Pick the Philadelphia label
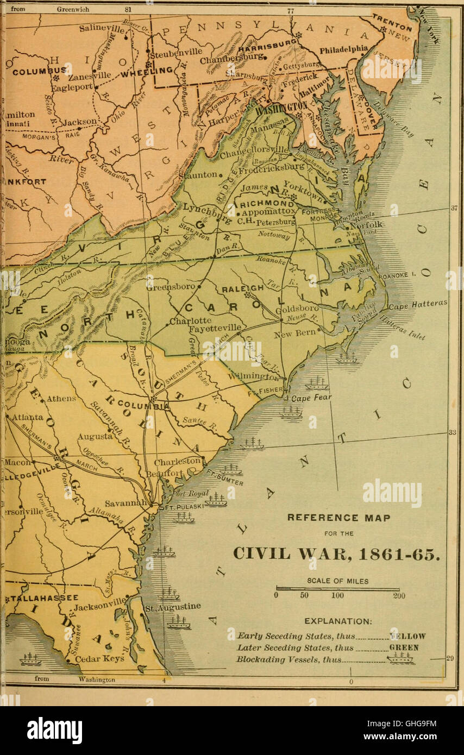pyautogui.click(x=343, y=49)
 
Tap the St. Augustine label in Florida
pyautogui.click(x=173, y=607)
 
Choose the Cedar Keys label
pyautogui.click(x=99, y=658)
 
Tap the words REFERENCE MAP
pyautogui.click(x=338, y=518)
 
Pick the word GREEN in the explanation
pyautogui.click(x=404, y=647)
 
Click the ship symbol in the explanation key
pyautogui.click(x=400, y=658)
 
